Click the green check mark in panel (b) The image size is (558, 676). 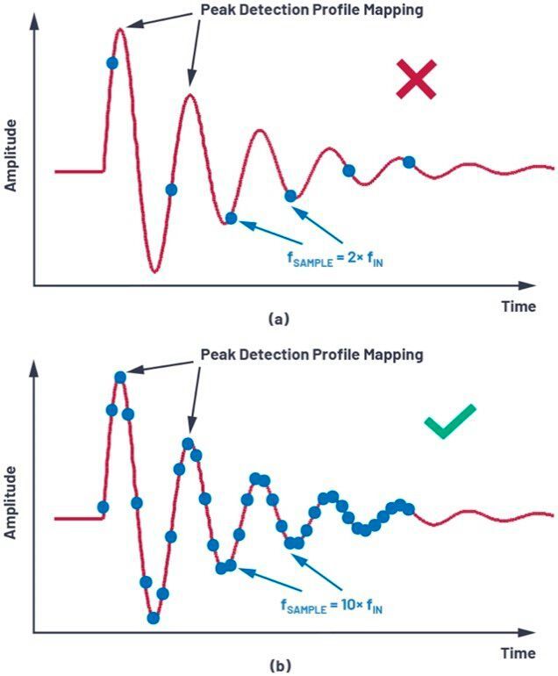449,422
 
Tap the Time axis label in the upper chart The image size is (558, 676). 518,306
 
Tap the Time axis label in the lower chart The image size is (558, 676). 518,653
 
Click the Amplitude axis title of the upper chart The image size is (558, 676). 11,156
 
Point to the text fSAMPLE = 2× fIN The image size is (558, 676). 335,260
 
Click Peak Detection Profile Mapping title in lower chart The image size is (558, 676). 312,355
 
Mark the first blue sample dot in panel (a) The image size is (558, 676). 111,62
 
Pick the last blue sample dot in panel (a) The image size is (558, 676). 409,161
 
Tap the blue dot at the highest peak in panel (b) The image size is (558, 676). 120,377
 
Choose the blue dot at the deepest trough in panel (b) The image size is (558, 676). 154,617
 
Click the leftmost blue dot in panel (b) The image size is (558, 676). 104,507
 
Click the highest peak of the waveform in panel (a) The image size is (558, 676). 121,30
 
